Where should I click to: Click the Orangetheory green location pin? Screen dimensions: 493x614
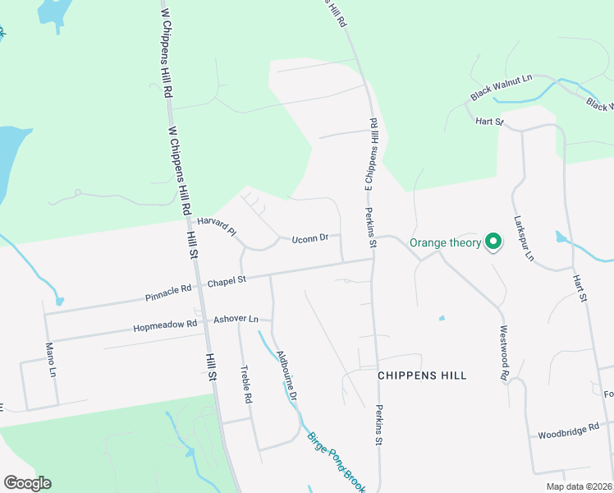click(x=493, y=242)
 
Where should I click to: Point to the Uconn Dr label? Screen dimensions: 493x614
click(x=309, y=238)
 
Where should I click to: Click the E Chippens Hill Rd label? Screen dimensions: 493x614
click(x=370, y=156)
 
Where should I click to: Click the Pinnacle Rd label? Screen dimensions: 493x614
click(x=167, y=288)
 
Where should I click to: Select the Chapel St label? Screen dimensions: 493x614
click(x=227, y=282)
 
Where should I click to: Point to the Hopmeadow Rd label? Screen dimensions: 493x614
click(x=165, y=325)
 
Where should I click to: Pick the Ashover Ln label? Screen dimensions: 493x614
click(x=236, y=319)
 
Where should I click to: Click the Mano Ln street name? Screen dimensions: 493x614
click(x=51, y=359)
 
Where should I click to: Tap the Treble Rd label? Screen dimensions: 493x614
click(x=245, y=384)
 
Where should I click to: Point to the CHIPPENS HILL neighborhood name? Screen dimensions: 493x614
click(x=422, y=376)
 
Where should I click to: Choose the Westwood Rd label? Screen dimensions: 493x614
click(x=504, y=353)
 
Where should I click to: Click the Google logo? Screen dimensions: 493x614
click(x=27, y=483)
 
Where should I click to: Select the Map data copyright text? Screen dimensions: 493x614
click(x=579, y=486)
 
